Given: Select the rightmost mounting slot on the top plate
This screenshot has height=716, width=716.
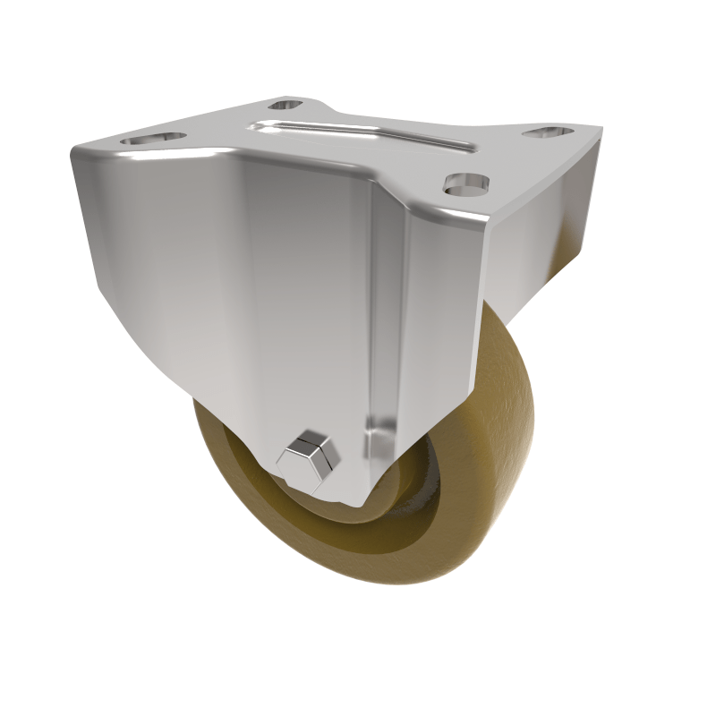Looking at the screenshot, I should click(x=547, y=133).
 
